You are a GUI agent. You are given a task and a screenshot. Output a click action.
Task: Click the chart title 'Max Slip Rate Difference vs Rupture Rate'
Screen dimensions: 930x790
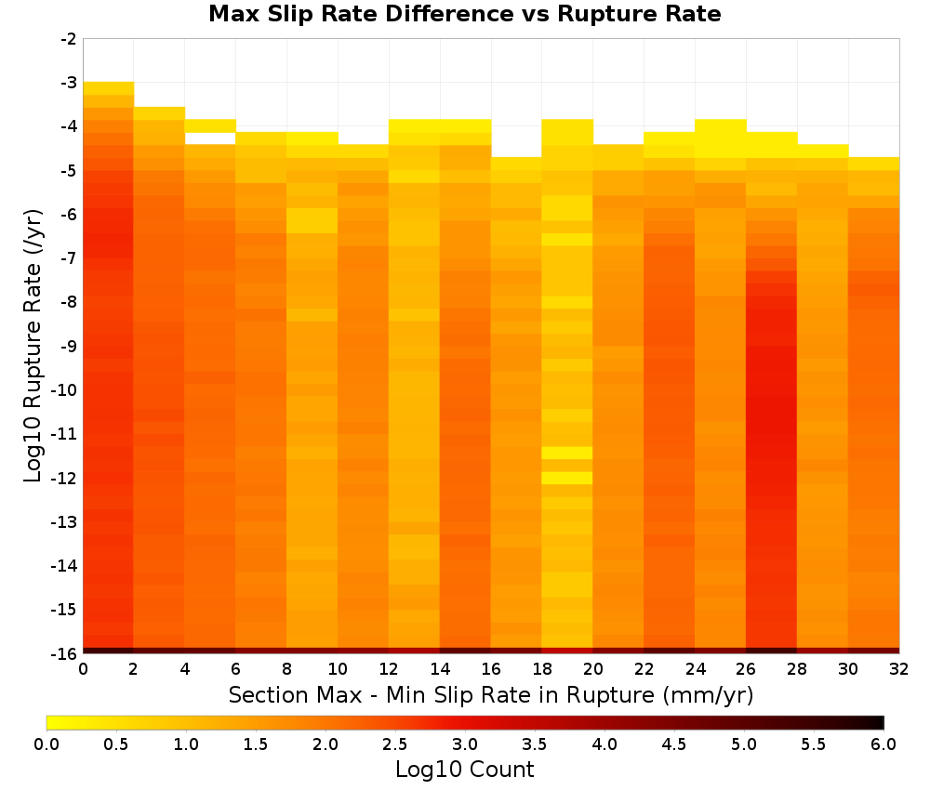pos(464,14)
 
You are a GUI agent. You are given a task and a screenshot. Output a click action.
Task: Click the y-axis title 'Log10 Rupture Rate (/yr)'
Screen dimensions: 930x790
pos(33,346)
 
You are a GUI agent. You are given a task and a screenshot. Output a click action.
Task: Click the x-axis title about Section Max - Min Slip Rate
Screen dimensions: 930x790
pos(491,694)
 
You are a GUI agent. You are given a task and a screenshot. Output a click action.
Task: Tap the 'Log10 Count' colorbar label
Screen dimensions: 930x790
pos(464,770)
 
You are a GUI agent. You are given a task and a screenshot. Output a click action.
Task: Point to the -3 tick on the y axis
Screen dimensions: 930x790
pos(69,83)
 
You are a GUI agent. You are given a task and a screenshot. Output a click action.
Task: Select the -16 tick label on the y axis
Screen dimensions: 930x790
pos(65,653)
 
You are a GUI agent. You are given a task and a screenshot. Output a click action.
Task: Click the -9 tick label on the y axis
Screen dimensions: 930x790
pos(69,346)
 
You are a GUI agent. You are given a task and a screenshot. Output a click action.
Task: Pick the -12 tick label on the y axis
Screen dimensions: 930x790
pos(65,478)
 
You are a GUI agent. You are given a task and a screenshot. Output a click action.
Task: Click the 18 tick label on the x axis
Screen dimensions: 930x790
pos(542,669)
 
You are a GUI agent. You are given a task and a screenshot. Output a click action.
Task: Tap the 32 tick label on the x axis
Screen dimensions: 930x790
pos(899,669)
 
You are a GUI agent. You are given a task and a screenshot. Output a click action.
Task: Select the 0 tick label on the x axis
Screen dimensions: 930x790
pos(83,669)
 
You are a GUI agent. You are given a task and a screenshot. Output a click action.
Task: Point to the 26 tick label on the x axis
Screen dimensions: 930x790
pos(746,669)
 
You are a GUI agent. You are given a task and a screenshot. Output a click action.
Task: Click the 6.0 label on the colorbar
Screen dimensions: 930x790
pos(883,744)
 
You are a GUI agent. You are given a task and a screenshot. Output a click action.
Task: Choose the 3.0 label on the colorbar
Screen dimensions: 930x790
pos(464,744)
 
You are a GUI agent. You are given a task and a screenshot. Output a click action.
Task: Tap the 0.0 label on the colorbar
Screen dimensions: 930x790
pos(46,744)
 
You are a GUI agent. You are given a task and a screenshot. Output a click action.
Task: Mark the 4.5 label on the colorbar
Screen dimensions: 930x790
pos(673,744)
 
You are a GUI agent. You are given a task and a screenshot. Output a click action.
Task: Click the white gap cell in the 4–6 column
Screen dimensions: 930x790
pos(210,138)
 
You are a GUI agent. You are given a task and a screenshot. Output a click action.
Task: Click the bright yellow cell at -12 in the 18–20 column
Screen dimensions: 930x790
pos(567,478)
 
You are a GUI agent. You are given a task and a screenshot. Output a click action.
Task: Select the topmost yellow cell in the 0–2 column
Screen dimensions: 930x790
pos(108,88)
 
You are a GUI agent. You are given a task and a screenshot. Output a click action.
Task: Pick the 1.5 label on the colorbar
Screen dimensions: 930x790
pos(255,744)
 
